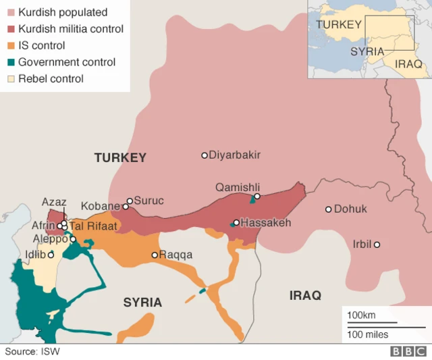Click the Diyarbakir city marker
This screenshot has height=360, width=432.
click(205, 155)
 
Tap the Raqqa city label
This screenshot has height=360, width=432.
click(175, 255)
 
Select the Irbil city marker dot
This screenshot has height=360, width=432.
click(377, 245)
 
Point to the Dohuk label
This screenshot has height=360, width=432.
click(350, 209)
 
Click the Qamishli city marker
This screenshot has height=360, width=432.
click(257, 197)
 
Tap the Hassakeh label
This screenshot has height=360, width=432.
click(266, 222)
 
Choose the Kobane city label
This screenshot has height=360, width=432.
click(101, 206)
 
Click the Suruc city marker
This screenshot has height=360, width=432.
click(130, 201)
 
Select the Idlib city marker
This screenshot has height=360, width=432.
click(51, 255)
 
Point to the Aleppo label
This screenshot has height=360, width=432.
click(51, 239)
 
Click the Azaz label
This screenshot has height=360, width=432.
click(54, 201)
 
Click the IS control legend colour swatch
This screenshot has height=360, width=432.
click(9, 46)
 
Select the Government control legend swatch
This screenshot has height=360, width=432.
click(9, 62)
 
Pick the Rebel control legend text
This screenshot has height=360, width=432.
click(51, 78)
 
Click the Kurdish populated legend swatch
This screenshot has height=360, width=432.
click(9, 13)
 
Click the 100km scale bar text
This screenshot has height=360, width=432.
click(361, 315)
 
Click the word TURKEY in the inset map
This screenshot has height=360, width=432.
click(339, 24)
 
